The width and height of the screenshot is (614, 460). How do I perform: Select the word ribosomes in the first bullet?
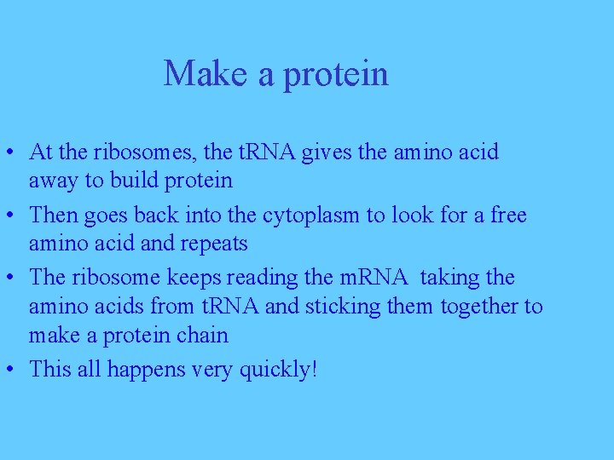146,152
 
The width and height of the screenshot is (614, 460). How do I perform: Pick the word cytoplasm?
311,216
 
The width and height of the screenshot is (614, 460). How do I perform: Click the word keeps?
196,279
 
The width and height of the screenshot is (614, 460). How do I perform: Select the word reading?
263,279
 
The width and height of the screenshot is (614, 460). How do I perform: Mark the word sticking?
339,306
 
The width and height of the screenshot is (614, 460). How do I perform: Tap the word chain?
202,335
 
